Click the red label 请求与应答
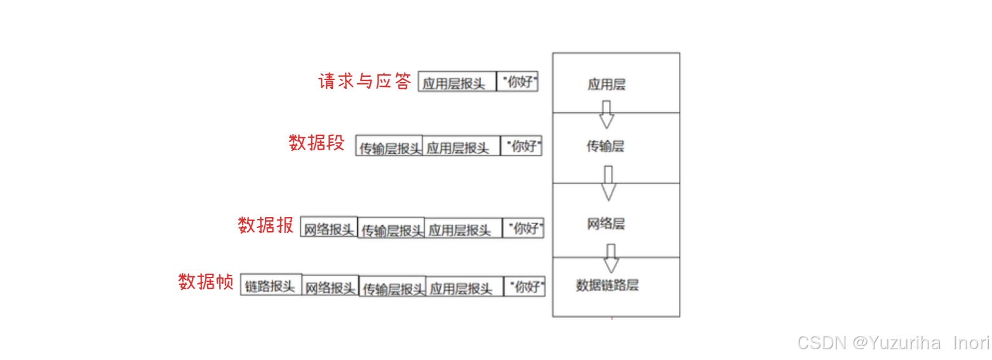(x=365, y=82)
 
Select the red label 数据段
(x=316, y=143)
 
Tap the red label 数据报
(x=265, y=225)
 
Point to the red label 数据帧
(x=206, y=282)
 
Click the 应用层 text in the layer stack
(x=607, y=84)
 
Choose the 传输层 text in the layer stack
(x=605, y=147)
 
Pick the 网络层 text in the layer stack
(x=606, y=223)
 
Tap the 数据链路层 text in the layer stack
(x=607, y=285)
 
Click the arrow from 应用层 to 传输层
(x=607, y=114)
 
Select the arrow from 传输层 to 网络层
(x=608, y=183)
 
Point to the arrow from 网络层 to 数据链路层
(x=611, y=258)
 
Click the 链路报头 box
(x=271, y=286)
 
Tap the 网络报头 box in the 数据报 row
(x=328, y=229)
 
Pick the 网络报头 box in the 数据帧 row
(x=330, y=288)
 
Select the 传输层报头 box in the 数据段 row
(x=389, y=147)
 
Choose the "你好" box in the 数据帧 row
(x=525, y=287)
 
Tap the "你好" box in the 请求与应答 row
(x=517, y=82)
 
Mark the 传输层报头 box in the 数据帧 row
(x=392, y=288)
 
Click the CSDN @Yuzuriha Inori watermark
(x=893, y=343)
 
